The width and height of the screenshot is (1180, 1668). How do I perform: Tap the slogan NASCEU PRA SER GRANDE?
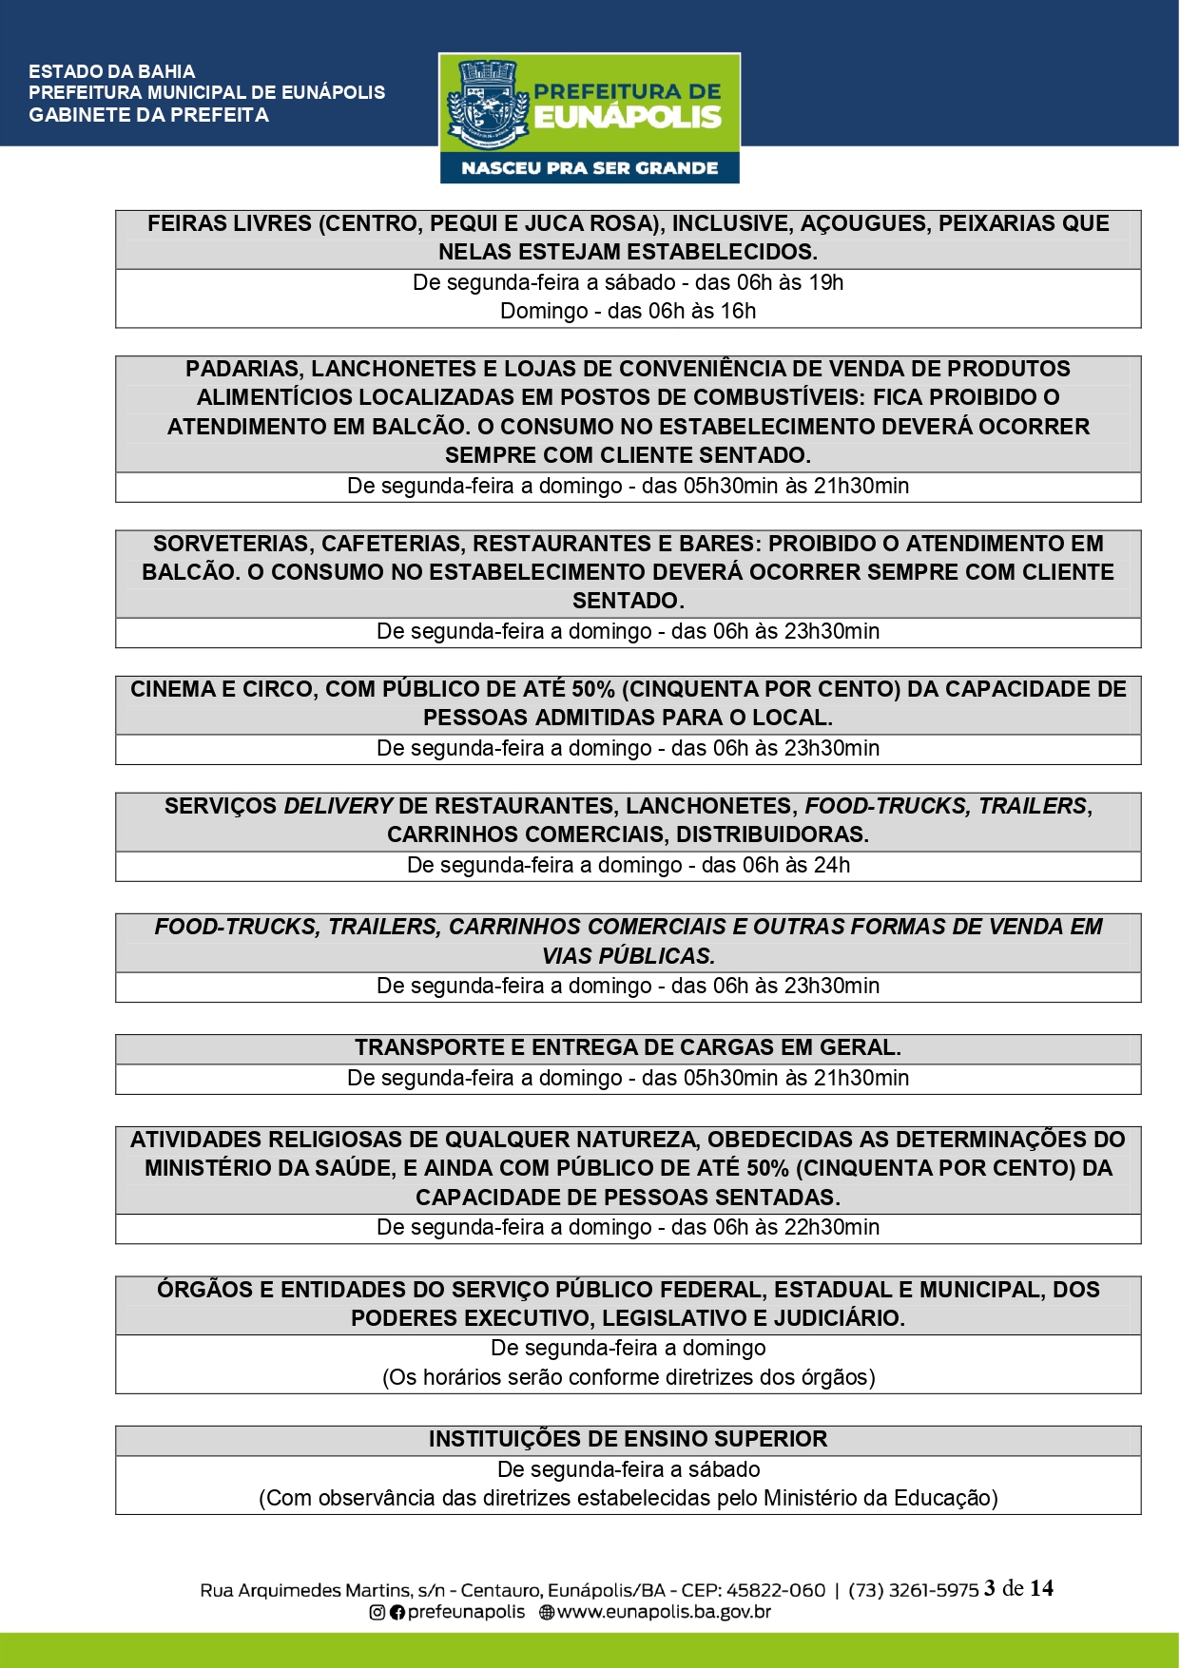(590, 168)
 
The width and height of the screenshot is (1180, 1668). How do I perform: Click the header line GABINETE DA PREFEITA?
(148, 115)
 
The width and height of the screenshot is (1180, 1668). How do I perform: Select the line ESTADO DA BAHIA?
(111, 71)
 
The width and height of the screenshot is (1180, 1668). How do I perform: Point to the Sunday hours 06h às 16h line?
(628, 312)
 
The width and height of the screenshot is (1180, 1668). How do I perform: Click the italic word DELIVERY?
(338, 806)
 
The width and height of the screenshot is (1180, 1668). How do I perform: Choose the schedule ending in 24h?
(628, 866)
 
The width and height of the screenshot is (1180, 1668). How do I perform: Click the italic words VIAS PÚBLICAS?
(628, 956)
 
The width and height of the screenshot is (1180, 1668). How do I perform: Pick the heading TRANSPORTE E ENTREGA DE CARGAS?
(628, 1047)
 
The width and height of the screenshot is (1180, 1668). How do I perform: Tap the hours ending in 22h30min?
(628, 1228)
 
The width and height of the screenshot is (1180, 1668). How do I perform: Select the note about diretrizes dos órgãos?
(628, 1378)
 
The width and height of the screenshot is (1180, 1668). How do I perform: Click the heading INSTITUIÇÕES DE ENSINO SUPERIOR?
(628, 1439)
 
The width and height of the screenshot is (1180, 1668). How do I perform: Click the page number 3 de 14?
(1018, 1588)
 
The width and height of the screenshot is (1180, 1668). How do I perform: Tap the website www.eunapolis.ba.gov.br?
(663, 1612)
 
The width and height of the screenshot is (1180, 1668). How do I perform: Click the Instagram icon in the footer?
(377, 1612)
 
